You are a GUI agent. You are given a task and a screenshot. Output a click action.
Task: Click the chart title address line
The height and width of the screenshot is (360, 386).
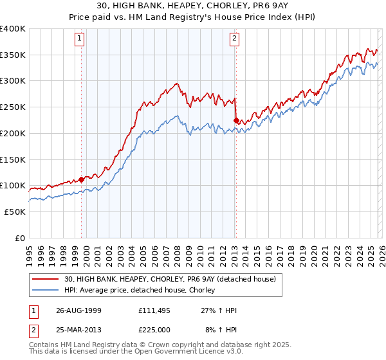192,6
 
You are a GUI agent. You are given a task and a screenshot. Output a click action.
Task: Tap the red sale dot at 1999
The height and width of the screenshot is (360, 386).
82,179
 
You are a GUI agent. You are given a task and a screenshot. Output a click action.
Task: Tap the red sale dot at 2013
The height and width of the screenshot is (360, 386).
236,120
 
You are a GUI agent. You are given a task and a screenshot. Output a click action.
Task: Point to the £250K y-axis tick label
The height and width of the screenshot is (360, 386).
13,107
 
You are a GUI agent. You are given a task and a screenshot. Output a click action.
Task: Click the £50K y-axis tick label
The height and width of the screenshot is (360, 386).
15,212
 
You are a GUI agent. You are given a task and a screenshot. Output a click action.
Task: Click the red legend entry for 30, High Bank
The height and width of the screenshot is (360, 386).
170,279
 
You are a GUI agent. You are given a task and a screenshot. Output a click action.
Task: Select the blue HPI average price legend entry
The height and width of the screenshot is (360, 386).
143,290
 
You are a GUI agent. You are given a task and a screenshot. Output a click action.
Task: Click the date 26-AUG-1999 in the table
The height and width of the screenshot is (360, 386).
78,310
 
